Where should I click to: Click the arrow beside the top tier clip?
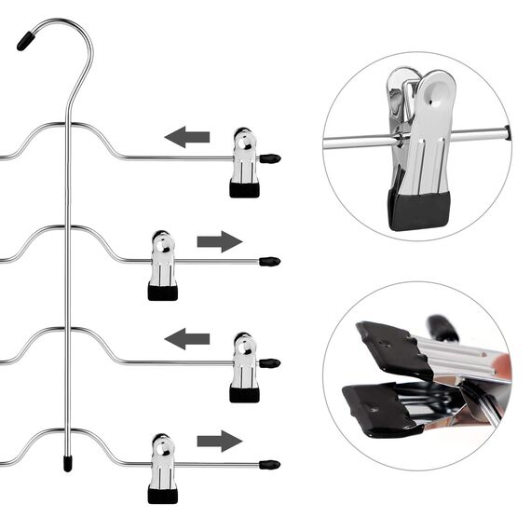[187, 138]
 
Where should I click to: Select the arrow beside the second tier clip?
[219, 242]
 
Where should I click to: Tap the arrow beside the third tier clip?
[187, 338]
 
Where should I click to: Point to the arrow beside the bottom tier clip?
[219, 441]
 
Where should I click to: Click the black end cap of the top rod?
[270, 158]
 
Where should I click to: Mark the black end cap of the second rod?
[270, 262]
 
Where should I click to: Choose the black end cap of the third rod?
[270, 362]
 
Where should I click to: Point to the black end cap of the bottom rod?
[270, 463]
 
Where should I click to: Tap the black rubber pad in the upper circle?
[419, 209]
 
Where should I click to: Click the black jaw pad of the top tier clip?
[244, 189]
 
